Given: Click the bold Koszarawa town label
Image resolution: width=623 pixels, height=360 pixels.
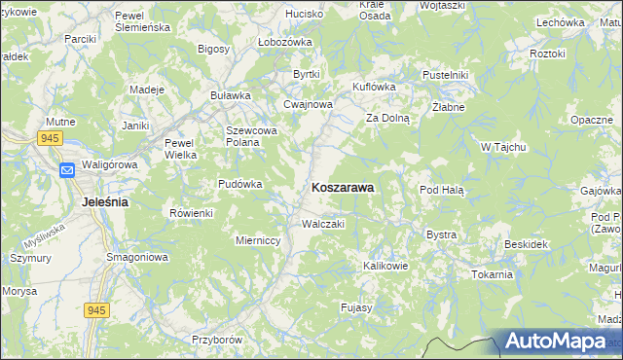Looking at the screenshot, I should (x=343, y=189).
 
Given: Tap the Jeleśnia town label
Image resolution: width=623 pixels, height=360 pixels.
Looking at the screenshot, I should (x=100, y=202).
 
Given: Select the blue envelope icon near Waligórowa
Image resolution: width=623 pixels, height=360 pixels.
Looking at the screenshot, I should (x=67, y=171).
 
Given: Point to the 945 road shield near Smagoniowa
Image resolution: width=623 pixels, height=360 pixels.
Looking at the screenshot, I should (x=96, y=309).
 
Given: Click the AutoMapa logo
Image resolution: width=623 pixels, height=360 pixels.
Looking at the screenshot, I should (x=563, y=342).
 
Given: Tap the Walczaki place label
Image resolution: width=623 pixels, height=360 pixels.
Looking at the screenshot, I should (x=324, y=224).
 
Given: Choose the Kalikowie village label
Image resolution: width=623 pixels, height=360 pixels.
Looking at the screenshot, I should (x=385, y=265).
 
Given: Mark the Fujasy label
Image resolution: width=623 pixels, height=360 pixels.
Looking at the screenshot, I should (x=357, y=307).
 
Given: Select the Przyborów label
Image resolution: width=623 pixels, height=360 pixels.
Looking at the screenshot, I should (x=216, y=341).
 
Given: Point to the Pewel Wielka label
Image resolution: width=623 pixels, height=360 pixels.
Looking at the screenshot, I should (x=181, y=148).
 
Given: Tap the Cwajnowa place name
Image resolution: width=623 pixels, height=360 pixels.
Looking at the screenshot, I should (x=308, y=105).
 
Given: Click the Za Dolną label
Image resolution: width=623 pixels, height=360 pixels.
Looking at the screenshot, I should (x=388, y=118).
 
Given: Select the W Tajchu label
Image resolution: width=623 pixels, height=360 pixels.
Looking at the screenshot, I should (x=503, y=147).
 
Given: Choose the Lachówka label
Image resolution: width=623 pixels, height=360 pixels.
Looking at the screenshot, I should (x=560, y=21).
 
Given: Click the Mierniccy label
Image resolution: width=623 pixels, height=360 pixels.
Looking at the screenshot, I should (x=259, y=239).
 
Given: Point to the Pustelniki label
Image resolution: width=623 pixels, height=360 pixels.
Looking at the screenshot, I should (x=446, y=75).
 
